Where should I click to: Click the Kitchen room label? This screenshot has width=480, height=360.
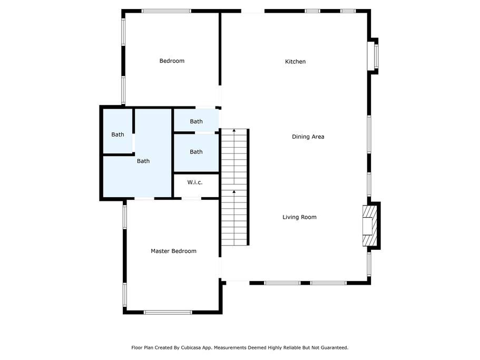click(x=295, y=62)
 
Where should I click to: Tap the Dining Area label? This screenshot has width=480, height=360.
click(x=308, y=137)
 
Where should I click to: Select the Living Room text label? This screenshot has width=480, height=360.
click(x=299, y=217)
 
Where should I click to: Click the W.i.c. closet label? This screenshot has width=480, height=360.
click(x=195, y=182)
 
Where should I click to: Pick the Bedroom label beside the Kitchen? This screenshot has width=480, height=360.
click(x=172, y=61)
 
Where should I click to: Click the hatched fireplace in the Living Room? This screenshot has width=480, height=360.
click(x=370, y=226)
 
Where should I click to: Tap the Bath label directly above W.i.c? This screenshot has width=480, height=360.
click(x=196, y=152)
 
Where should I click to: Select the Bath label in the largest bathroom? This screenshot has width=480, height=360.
click(x=143, y=161)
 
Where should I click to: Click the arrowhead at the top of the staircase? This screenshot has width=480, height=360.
click(x=234, y=130)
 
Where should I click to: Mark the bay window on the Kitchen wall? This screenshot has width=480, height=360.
click(x=373, y=56)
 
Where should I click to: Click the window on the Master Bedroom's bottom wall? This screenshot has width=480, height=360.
click(x=168, y=312)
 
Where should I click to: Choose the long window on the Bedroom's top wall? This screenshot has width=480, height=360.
click(x=166, y=11)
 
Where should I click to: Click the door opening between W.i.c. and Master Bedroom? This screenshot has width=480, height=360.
click(x=191, y=199)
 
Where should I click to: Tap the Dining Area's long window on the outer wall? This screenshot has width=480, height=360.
click(x=369, y=134)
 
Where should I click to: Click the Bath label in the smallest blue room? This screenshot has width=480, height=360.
click(x=196, y=122)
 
